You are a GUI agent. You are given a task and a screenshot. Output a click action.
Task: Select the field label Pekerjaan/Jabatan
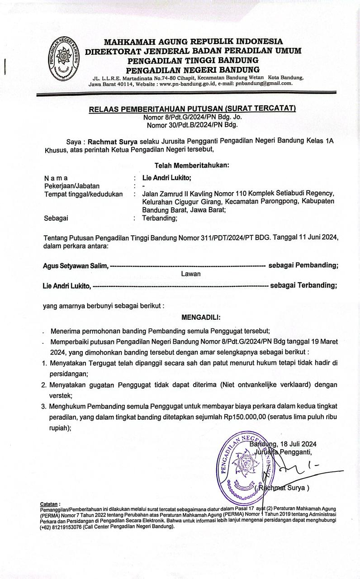[x=72, y=186]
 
